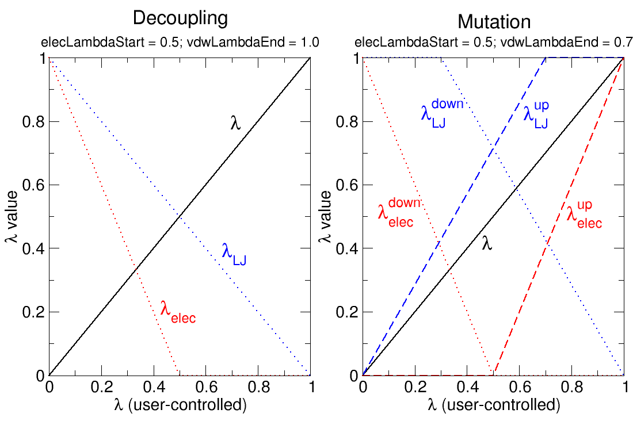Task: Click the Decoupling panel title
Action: (x=180, y=18)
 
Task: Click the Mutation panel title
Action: (x=494, y=22)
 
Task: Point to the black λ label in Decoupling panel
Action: (x=235, y=123)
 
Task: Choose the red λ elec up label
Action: (x=584, y=214)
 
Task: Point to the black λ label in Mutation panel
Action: (x=487, y=243)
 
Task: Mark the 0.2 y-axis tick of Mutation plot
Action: (x=346, y=312)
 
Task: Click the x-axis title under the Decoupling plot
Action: (x=180, y=405)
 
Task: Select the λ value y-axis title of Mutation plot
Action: (x=326, y=217)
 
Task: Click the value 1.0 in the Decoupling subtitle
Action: (x=308, y=42)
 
